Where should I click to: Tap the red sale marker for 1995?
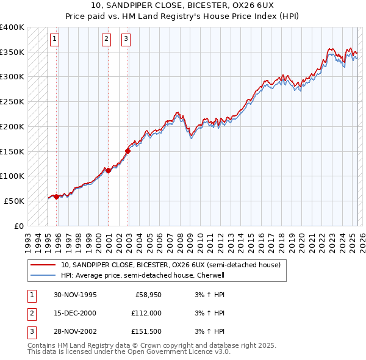56,196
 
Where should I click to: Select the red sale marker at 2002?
127,151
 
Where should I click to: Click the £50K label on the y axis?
15,201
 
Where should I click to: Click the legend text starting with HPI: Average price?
143,275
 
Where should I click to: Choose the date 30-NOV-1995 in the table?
75,295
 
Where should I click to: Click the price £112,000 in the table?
146,313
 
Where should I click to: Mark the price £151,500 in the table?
146,331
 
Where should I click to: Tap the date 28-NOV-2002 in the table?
75,331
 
